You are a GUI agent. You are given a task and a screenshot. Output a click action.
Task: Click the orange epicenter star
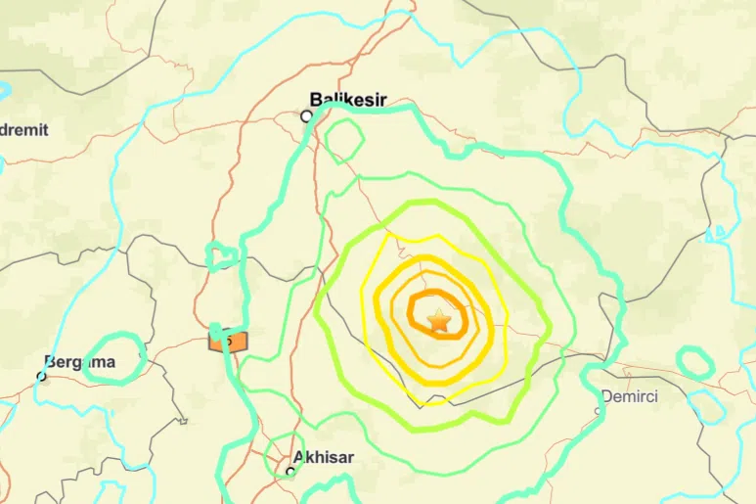coord(439,320)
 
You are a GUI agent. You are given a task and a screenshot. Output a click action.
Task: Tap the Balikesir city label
coord(348,99)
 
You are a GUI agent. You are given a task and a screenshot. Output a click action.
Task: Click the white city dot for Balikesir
coord(306,115)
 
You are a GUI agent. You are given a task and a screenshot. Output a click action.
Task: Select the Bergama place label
coord(79,362)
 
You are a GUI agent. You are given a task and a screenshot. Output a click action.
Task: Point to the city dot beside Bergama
coord(42,375)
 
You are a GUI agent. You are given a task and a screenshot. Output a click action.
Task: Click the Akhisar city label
coord(324,457)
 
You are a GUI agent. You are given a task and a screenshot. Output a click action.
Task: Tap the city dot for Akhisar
coord(290,471)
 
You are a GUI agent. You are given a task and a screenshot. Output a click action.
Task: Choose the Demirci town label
coord(629,396)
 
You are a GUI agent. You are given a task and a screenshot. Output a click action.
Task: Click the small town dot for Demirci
coord(600,409)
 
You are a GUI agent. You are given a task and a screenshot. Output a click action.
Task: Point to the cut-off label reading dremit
coord(23,129)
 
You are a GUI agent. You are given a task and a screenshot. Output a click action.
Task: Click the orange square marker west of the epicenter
coord(228,340)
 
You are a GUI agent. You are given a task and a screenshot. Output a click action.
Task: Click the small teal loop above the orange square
coord(222,256)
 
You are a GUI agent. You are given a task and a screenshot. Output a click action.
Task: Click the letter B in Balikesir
coord(315,99)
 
